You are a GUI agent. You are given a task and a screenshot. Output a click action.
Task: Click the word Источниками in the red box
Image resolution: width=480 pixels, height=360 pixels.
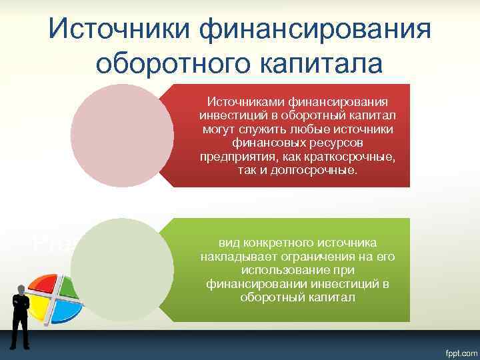(x=246, y=101)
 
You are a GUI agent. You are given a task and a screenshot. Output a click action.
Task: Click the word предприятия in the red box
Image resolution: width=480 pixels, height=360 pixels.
(x=230, y=158)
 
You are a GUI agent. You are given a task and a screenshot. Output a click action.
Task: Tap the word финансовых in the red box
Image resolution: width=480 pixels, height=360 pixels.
(x=261, y=147)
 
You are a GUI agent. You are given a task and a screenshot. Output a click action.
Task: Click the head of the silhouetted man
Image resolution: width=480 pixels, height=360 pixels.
(x=21, y=288)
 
